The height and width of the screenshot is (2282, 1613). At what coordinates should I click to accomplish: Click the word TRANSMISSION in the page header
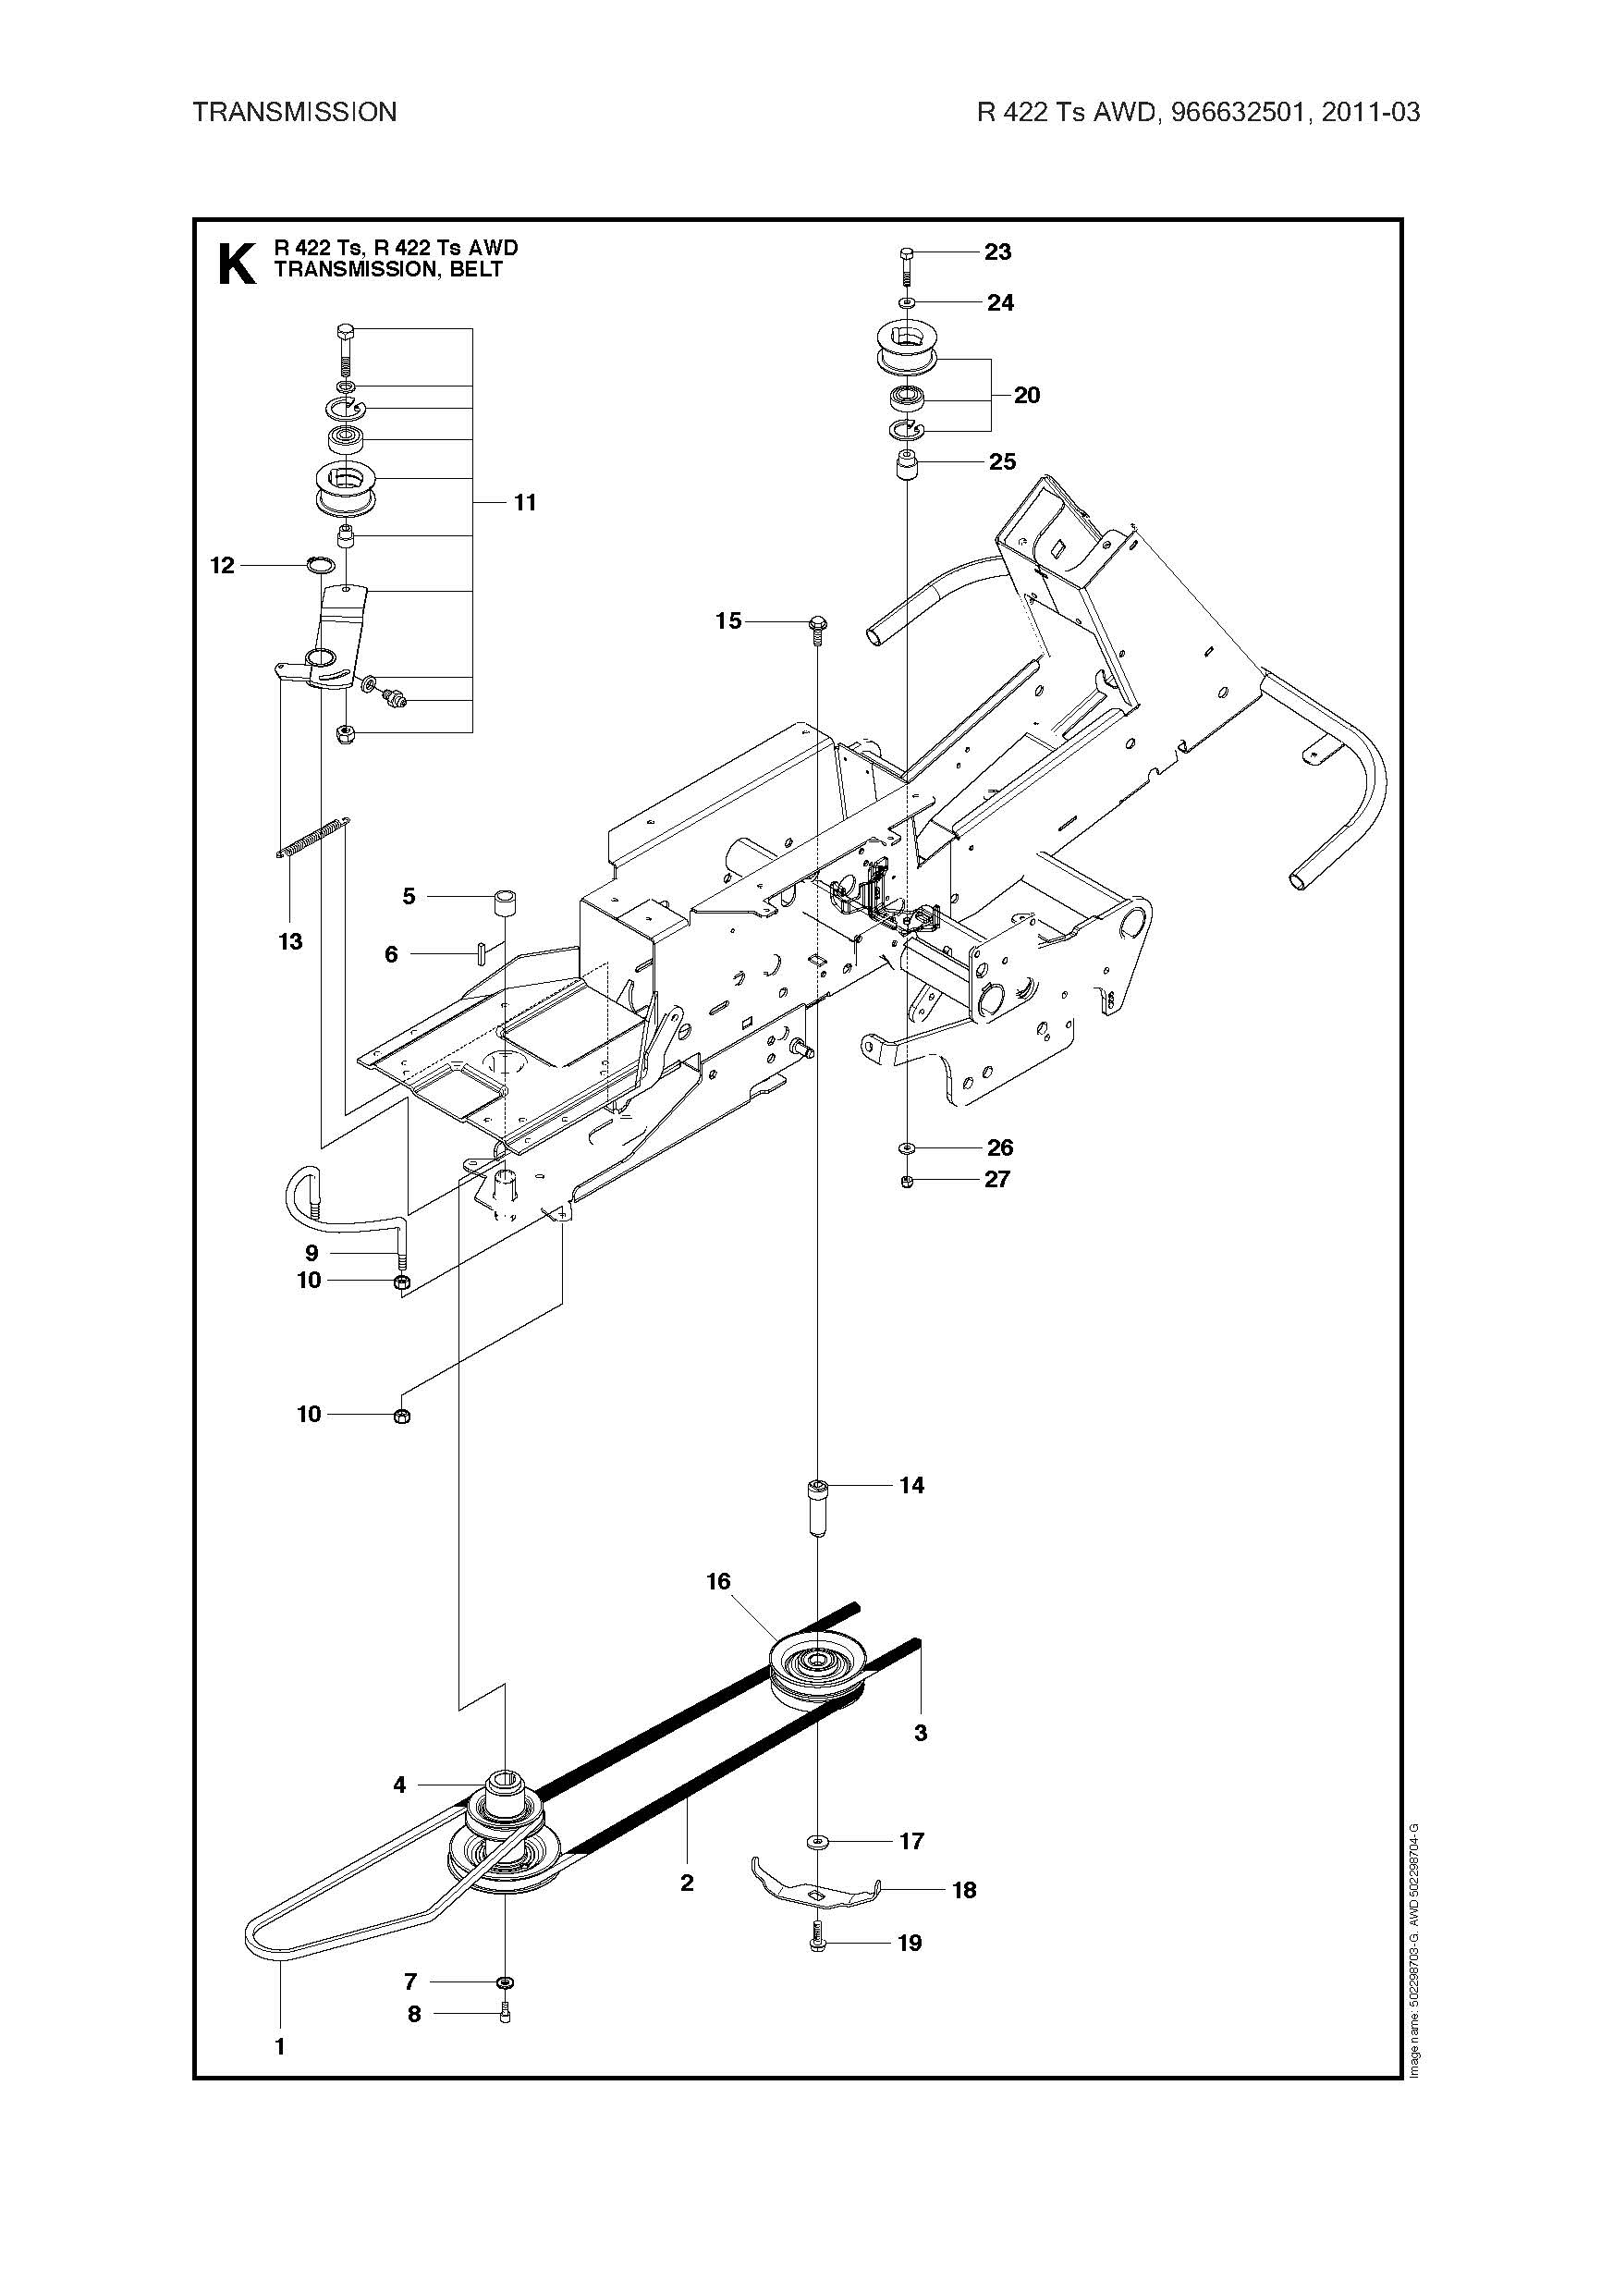pyautogui.click(x=294, y=112)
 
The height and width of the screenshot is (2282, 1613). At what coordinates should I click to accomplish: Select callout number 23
pyautogui.click(x=997, y=252)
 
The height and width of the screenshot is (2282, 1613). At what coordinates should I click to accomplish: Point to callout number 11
pyautogui.click(x=525, y=503)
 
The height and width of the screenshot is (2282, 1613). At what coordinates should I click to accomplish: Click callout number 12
pyautogui.click(x=222, y=566)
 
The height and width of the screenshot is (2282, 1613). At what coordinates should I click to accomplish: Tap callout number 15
pyautogui.click(x=728, y=621)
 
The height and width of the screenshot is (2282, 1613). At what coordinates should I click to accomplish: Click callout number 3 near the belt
pyautogui.click(x=921, y=1733)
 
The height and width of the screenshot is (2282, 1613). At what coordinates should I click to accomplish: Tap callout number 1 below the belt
pyautogui.click(x=280, y=2046)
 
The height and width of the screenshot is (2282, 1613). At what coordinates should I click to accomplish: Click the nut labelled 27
pyautogui.click(x=908, y=1181)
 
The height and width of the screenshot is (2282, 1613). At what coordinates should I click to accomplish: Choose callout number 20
pyautogui.click(x=1027, y=396)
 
